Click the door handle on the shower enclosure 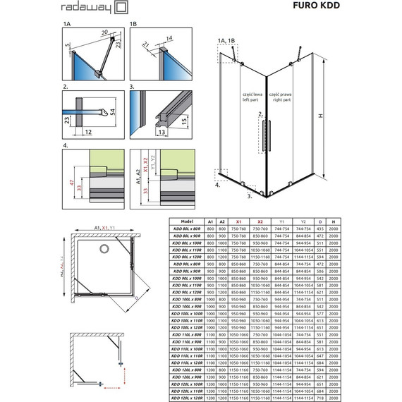coord(265,134)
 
